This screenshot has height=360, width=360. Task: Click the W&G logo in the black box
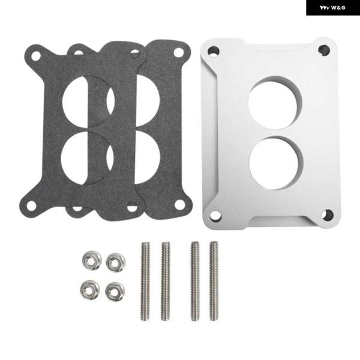click(x=332, y=8)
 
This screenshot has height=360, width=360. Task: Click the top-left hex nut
click(x=92, y=260)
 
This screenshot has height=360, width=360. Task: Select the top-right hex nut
click(x=116, y=262)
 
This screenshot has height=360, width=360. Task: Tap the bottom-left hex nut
click(x=90, y=290)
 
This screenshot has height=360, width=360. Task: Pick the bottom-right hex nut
click(x=115, y=292)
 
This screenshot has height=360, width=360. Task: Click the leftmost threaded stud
click(x=145, y=281)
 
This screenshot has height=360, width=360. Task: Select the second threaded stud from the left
click(x=166, y=281)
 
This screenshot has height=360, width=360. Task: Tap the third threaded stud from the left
click(x=195, y=281)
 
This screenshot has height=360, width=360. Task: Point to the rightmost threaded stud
click(x=214, y=281)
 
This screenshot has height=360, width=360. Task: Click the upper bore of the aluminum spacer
click(x=275, y=103)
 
